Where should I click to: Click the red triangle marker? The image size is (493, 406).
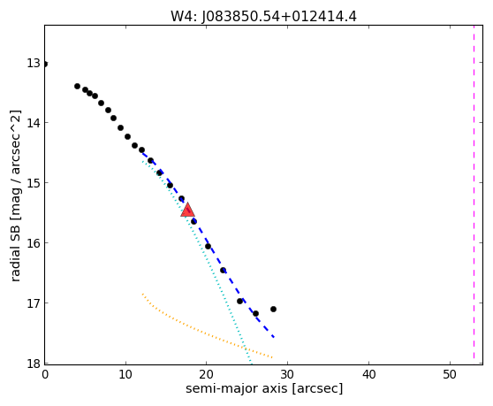(187, 211)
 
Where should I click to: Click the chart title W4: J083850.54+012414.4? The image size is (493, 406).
(263, 17)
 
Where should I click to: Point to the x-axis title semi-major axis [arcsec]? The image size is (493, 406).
(264, 388)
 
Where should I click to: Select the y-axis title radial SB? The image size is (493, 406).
(15, 195)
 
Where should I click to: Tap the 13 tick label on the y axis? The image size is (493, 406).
(34, 63)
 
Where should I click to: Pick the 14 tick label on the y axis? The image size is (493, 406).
(34, 123)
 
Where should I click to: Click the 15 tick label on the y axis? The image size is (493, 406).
(34, 183)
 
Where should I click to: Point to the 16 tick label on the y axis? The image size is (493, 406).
(34, 243)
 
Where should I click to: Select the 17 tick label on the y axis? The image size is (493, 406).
(34, 303)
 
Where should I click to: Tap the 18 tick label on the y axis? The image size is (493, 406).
(34, 364)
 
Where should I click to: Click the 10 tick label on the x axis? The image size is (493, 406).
(125, 374)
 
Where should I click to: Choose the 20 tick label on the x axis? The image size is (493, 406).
(206, 374)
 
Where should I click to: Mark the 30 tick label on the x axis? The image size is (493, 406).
(287, 374)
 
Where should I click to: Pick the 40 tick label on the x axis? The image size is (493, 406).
(368, 374)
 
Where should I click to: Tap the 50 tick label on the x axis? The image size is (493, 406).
(450, 374)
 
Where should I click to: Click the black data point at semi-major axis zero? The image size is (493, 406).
(45, 65)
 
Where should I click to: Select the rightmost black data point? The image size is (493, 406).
(273, 309)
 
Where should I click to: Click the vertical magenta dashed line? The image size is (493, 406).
(474, 192)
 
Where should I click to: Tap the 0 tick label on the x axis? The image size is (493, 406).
(45, 374)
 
